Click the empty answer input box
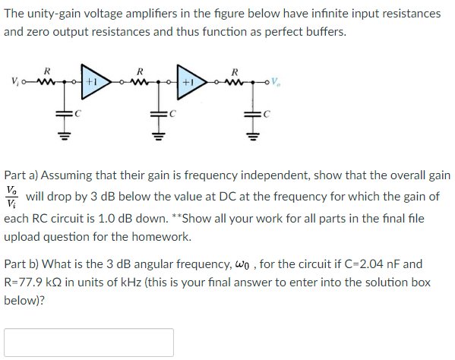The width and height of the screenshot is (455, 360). [88, 342]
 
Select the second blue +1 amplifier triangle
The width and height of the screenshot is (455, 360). [187, 78]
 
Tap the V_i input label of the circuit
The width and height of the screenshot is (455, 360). [14, 79]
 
